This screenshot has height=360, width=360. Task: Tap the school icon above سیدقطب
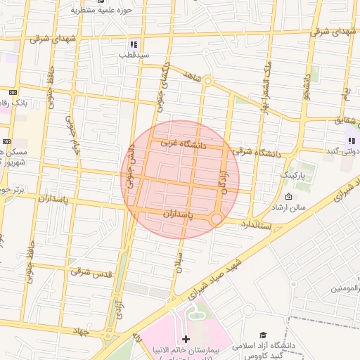(134, 44)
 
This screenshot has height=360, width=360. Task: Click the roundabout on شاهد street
(208, 81)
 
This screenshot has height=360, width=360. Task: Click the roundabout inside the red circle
(217, 219)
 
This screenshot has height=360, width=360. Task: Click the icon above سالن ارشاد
(289, 196)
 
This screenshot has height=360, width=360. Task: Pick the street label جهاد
(83, 330)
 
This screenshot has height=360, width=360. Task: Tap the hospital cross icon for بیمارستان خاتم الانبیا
(186, 339)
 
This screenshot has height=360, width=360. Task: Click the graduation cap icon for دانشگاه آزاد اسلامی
(263, 335)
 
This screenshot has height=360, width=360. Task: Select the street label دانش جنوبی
(131, 166)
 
